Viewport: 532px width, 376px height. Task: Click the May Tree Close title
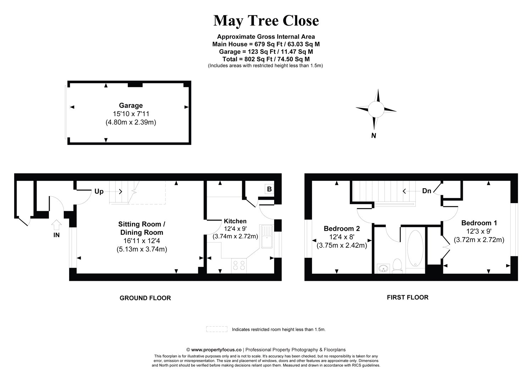(x=266, y=21)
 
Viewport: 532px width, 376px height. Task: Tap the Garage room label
(x=131, y=105)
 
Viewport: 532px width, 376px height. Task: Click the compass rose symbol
(x=376, y=109)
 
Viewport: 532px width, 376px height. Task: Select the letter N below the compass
(x=373, y=136)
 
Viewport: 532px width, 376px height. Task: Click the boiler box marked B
(x=269, y=189)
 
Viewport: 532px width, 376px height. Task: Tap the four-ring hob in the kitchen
(x=239, y=266)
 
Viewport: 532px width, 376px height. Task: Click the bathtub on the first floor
(x=415, y=249)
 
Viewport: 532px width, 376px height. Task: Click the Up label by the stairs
(x=99, y=192)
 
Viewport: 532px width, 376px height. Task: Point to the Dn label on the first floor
(x=427, y=191)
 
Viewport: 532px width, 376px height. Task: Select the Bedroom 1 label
(x=479, y=223)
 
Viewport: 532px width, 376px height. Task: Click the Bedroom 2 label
(x=342, y=229)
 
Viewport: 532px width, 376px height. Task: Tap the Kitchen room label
(x=235, y=221)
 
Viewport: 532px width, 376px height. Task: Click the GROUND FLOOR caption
(x=145, y=298)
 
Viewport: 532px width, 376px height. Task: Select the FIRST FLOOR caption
(x=408, y=298)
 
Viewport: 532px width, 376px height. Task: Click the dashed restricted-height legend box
(x=217, y=329)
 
